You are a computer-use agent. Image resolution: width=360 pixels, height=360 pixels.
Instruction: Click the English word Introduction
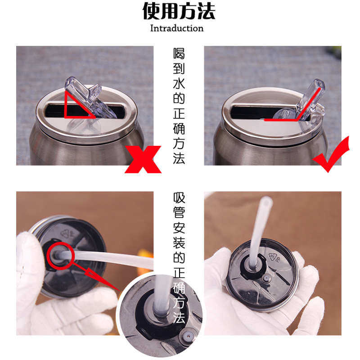(x=177, y=28)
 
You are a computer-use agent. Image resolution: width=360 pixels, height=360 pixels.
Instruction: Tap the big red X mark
(x=143, y=159)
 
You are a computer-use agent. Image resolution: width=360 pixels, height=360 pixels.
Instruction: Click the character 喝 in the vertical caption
(x=179, y=53)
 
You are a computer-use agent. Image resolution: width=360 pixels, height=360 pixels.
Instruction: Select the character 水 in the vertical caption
(x=179, y=83)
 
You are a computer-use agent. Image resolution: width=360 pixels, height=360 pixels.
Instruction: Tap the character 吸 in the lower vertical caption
(x=179, y=198)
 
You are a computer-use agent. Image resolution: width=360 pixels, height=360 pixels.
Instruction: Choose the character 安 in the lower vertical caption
(x=179, y=228)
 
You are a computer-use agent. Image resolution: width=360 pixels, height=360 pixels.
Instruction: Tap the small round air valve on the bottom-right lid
(x=266, y=279)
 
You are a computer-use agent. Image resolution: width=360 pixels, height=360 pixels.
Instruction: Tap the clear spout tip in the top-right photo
(x=319, y=85)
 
